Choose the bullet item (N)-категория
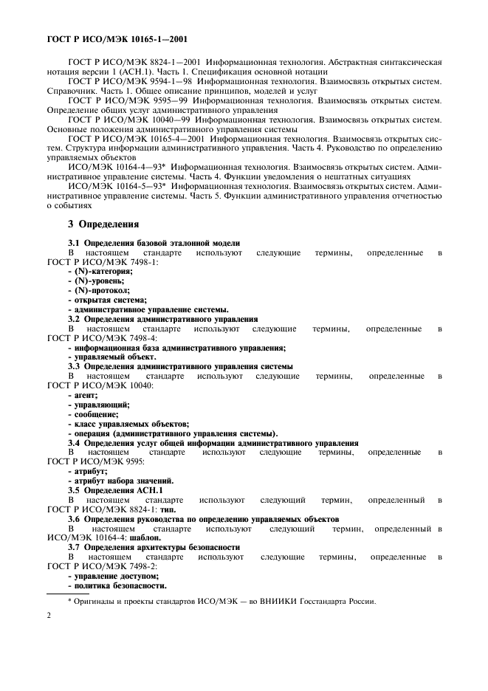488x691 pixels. (x=94, y=272)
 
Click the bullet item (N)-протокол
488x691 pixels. (x=94, y=290)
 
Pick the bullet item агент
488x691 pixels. (x=82, y=395)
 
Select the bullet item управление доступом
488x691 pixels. (x=113, y=576)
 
